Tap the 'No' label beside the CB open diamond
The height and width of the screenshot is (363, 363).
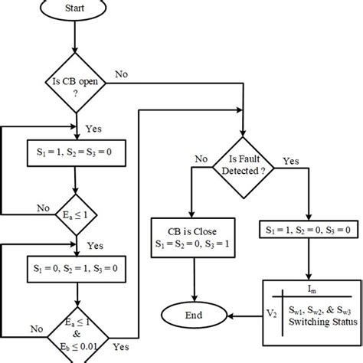(121, 74)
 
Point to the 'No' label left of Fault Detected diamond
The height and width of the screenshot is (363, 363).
(201, 160)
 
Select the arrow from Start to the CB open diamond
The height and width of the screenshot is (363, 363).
(75, 38)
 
